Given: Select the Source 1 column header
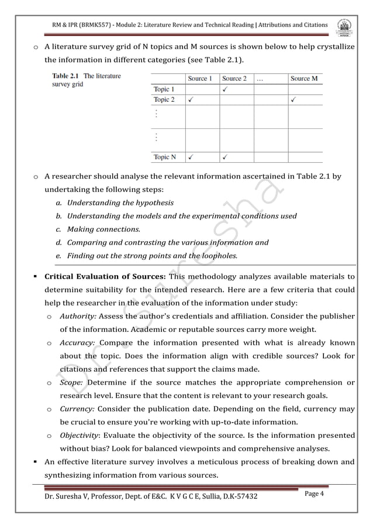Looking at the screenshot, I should [201, 78].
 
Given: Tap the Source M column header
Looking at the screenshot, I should [304, 78].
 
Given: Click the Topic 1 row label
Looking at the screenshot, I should [163, 89].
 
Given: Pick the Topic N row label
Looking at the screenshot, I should [164, 157].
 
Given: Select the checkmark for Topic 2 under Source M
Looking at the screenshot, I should [293, 100].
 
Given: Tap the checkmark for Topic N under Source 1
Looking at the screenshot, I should [191, 157].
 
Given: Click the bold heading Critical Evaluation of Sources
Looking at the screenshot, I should [106, 276].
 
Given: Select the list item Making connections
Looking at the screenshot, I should [103, 229].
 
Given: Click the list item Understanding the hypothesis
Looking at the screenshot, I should [120, 203].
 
